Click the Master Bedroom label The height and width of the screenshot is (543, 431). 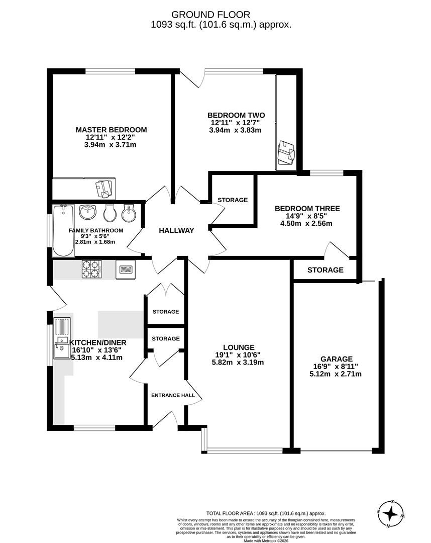tap(111, 130)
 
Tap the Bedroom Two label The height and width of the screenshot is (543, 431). tap(236, 115)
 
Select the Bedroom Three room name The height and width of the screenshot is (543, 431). tap(307, 208)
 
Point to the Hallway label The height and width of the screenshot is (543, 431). tap(176, 230)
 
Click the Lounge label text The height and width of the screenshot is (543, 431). tap(239, 347)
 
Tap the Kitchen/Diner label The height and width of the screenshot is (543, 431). tap(99, 342)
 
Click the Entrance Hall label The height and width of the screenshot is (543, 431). tap(173, 395)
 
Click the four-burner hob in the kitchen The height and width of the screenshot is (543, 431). tap(91, 269)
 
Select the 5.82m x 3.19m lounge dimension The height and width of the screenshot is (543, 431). tap(239, 362)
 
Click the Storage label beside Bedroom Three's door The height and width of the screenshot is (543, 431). tap(326, 270)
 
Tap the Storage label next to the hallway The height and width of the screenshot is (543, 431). tap(233, 200)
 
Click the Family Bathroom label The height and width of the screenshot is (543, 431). tap(96, 231)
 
